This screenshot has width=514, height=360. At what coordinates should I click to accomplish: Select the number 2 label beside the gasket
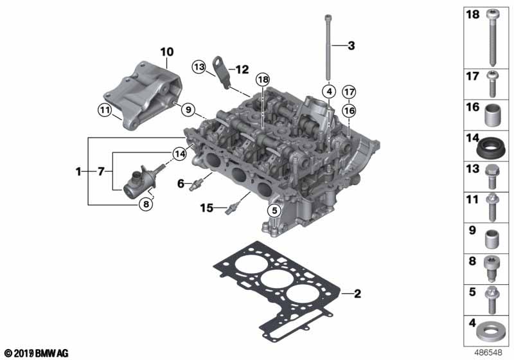click(358, 294)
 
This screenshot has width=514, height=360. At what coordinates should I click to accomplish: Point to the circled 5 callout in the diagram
click(274, 210)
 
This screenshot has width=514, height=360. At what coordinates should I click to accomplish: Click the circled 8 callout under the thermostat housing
click(146, 204)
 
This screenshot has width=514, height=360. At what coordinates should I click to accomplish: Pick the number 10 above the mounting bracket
click(166, 50)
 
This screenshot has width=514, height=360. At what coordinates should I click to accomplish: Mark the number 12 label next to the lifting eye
click(242, 69)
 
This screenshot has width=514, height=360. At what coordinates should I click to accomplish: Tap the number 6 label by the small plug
click(181, 183)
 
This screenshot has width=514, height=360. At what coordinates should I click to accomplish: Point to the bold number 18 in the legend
click(472, 14)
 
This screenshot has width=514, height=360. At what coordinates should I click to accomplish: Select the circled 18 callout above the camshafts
click(262, 79)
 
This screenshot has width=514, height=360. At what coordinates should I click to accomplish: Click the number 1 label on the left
click(78, 172)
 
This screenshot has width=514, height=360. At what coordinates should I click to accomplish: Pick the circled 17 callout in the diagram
click(348, 91)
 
